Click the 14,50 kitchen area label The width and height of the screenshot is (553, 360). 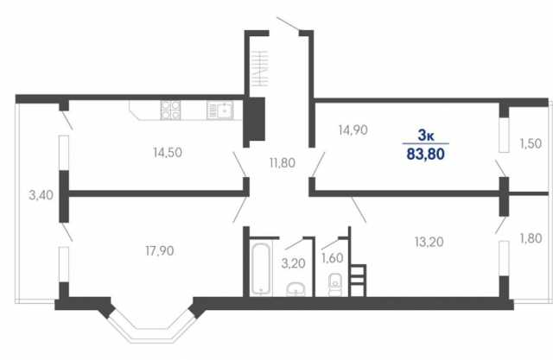coord(168,153)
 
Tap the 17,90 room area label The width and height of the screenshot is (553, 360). coord(159,251)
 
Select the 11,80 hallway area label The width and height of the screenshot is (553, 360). coord(283,163)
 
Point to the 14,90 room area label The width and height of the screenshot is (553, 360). coord(353,130)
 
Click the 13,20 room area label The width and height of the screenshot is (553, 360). coord(429,242)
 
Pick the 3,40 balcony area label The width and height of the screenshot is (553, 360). coord(41,195)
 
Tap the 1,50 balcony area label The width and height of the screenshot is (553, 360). coord(531,143)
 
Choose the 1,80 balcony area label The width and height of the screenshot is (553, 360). coord(531,238)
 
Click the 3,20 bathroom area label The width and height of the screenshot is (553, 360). coord(294,263)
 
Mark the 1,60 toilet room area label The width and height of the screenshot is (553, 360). coord(332,258)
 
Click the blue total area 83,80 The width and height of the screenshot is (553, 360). coord(426,154)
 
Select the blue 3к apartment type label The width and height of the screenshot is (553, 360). coord(426,135)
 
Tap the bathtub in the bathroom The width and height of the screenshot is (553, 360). coord(261,268)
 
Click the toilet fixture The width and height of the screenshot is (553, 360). coord(335,285)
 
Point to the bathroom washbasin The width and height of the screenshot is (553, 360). coord(296,289)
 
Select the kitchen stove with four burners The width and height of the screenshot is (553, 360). coord(170,110)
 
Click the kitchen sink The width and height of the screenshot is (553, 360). coord(220,111)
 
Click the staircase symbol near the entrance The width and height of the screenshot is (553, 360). coord(260,69)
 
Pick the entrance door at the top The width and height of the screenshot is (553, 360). coord(288,23)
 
